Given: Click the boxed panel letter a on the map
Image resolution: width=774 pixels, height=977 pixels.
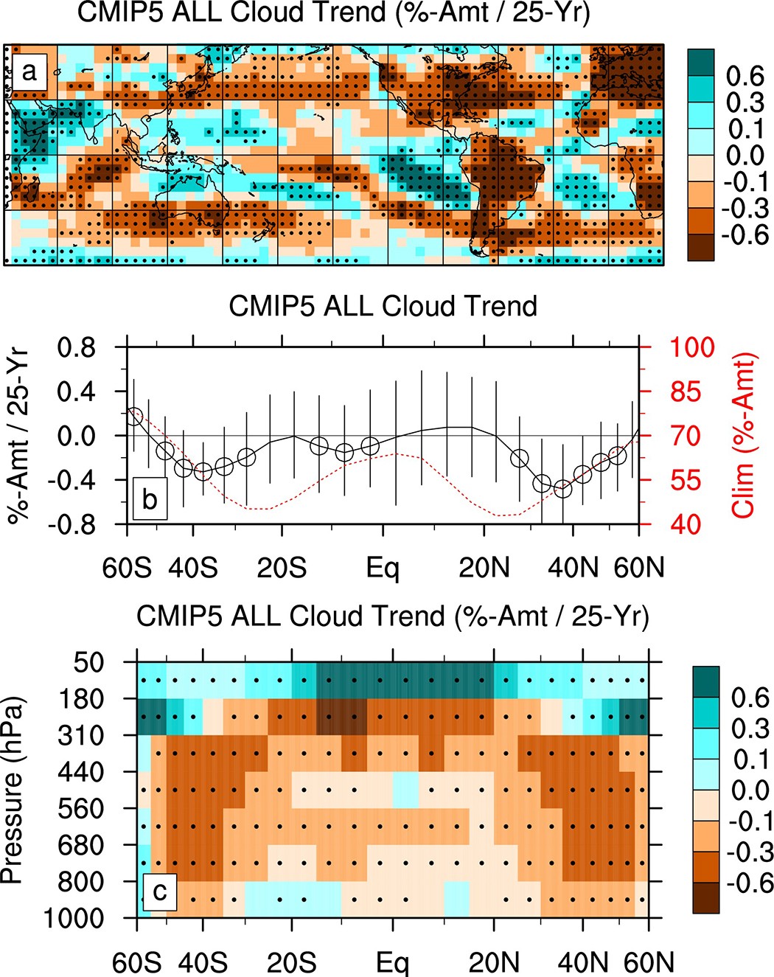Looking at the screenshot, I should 29,72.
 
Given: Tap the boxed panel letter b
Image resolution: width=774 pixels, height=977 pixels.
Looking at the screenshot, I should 150,499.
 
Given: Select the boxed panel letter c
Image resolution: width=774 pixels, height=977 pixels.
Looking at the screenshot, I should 159,891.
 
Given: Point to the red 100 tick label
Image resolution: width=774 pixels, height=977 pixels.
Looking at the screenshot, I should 691,347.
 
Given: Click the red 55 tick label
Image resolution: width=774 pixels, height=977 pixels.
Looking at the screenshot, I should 685,480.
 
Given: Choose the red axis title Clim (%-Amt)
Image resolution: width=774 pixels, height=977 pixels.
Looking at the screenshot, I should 745,435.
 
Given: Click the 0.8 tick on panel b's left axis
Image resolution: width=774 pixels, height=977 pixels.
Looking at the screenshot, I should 77,347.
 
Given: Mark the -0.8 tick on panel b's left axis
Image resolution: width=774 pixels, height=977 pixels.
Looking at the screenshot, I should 72,524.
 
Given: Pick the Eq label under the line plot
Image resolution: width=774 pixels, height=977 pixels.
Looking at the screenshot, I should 383,569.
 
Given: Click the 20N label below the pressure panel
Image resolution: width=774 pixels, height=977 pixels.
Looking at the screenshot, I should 494,962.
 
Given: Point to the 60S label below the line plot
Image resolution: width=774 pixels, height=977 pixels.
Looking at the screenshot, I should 127,569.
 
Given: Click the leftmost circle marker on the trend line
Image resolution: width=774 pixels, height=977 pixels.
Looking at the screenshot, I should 133,415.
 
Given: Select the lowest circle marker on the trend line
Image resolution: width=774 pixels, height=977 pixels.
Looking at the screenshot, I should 563,489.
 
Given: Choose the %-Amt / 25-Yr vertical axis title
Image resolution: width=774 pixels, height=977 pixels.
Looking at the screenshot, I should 18,435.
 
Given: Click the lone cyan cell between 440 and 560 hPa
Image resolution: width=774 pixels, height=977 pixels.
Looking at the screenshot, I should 405,790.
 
